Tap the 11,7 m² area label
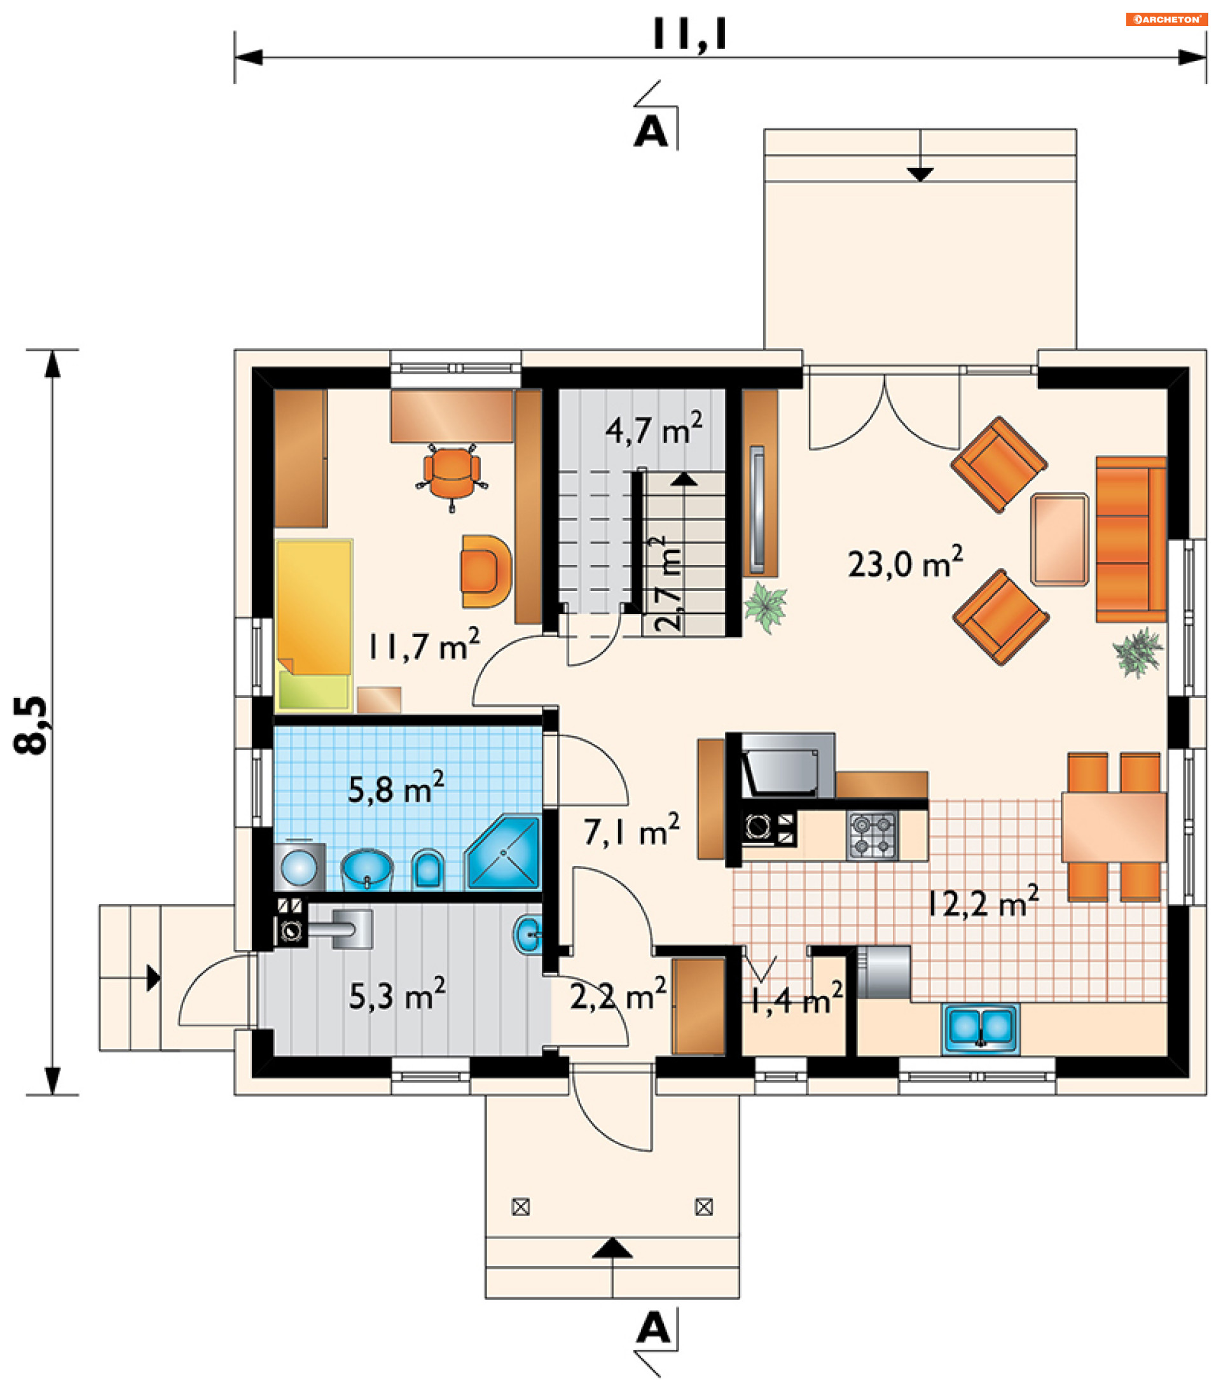tap(423, 645)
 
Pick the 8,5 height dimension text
tap(31, 725)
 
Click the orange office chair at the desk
tap(452, 475)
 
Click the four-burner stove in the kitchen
tap(872, 835)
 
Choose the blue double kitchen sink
tap(981, 1028)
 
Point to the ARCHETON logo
tap(1166, 19)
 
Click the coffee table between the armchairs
tap(1059, 539)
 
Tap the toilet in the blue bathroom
tap(428, 869)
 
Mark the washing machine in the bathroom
tap(299, 867)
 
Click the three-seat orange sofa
tap(1131, 539)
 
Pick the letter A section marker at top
tap(651, 131)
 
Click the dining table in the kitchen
tap(1114, 827)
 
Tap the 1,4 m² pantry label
tap(796, 1000)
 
